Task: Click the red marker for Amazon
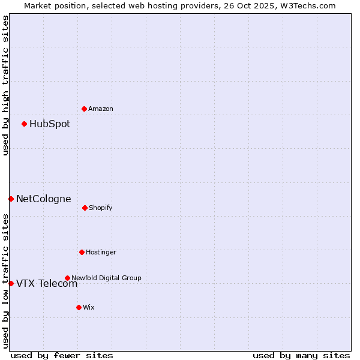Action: point(85,109)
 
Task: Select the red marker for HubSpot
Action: point(25,124)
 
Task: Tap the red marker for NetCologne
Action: point(11,199)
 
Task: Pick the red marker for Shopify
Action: point(85,208)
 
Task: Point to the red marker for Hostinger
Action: point(82,252)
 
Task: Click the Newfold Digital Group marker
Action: point(67,278)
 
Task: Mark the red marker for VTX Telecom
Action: point(11,283)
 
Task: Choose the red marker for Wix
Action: point(79,307)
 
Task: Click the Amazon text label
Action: point(101,109)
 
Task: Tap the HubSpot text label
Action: point(50,124)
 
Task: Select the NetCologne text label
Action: point(44,199)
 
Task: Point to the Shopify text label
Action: point(101,208)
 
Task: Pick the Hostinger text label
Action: point(101,252)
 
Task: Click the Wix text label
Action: point(89,307)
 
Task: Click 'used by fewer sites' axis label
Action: point(62,355)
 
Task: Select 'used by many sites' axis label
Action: point(301,355)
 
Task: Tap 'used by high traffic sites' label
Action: point(5,85)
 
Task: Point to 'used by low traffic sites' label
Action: point(5,281)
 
